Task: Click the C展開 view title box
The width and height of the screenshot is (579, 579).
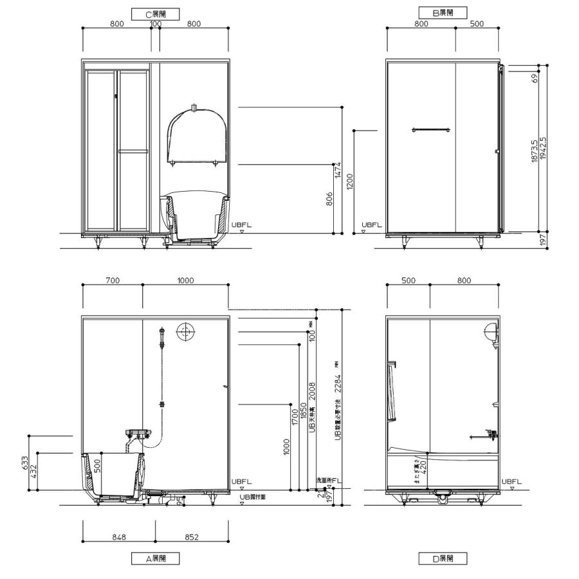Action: [x=155, y=13]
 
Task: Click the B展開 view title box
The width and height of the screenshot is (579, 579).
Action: [x=443, y=12]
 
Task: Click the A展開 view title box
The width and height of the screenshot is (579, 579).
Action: [x=155, y=558]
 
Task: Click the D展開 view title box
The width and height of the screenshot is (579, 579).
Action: [x=443, y=558]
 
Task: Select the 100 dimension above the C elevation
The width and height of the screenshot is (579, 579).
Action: [x=155, y=24]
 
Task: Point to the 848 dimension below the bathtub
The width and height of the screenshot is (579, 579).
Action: [x=118, y=537]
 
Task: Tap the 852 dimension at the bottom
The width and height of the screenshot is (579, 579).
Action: [x=192, y=537]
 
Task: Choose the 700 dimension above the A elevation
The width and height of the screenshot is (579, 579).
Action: [x=113, y=281]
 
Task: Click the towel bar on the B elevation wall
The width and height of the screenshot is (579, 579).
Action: [x=430, y=131]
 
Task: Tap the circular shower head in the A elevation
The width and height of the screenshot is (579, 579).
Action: [x=185, y=332]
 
